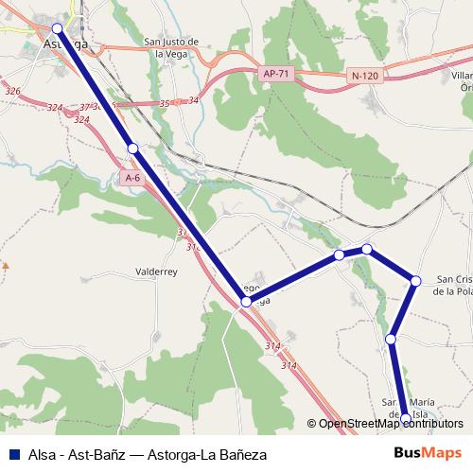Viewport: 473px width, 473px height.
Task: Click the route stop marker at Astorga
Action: tap(58, 28)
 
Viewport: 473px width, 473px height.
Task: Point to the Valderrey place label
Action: tap(156, 271)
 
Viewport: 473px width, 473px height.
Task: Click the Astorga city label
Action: tap(66, 44)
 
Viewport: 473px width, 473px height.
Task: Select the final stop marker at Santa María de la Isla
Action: tap(406, 417)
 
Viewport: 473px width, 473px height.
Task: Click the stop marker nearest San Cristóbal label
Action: tap(415, 279)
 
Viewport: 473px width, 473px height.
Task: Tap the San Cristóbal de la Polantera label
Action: tap(452, 286)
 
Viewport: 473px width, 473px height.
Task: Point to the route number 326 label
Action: tap(12, 91)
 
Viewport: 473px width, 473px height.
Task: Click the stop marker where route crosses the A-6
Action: tap(246, 302)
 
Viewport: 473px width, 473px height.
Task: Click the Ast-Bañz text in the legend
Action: tap(99, 455)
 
